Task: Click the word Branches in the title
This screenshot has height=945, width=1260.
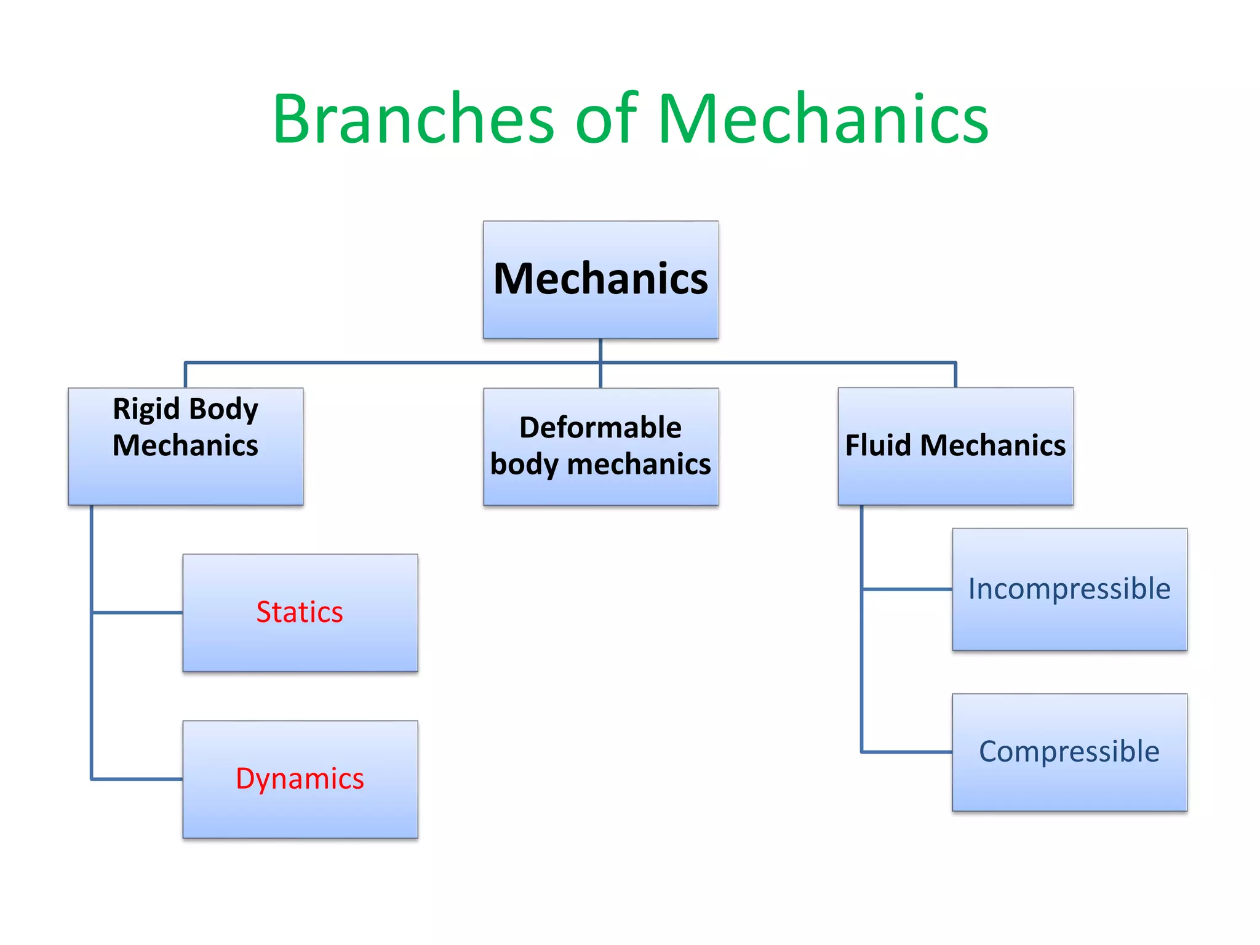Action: pos(413,118)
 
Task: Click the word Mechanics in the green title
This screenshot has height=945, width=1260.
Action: pos(823,118)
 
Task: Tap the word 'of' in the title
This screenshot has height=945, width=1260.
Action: pos(607,118)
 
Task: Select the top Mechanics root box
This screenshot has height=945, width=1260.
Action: pos(600,280)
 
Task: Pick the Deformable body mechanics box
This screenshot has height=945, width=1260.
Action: pos(600,447)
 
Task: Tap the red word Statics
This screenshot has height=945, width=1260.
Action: pos(300,612)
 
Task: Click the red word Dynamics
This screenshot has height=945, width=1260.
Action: pos(300,779)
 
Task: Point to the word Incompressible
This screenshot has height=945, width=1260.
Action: pos(1069,589)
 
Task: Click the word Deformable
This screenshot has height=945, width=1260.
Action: pos(600,428)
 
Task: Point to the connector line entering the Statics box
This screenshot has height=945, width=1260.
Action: pos(137,612)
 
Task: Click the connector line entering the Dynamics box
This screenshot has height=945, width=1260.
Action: pos(137,779)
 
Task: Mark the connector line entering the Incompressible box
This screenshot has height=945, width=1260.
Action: pos(907,589)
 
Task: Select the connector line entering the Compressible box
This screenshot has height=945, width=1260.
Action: pos(907,751)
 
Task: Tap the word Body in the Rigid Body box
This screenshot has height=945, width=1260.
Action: pos(223,410)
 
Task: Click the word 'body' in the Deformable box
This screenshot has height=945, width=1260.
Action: pos(524,465)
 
